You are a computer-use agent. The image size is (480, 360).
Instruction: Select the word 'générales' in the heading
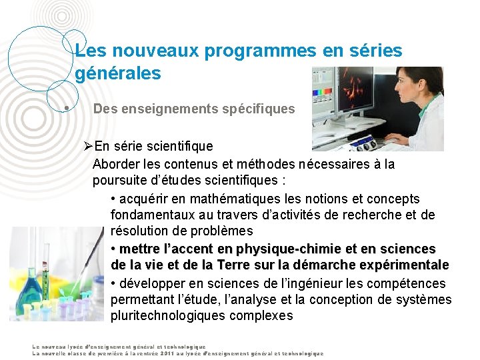[x=118, y=73]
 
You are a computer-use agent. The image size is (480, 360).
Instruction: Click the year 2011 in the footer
[x=169, y=353]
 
